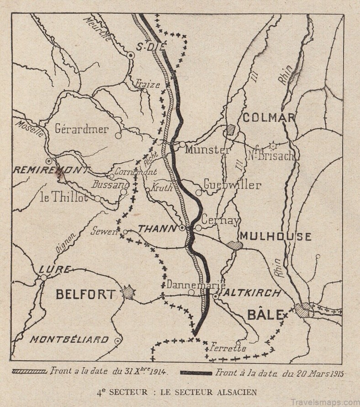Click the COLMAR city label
(x=268, y=118)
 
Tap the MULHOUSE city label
(x=275, y=236)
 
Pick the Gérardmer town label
(x=82, y=129)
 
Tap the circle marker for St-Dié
(x=131, y=55)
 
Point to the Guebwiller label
(x=232, y=185)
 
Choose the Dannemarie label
(x=190, y=284)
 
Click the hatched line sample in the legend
(x=29, y=372)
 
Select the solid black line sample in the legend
(x=196, y=373)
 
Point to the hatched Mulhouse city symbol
(x=235, y=246)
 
